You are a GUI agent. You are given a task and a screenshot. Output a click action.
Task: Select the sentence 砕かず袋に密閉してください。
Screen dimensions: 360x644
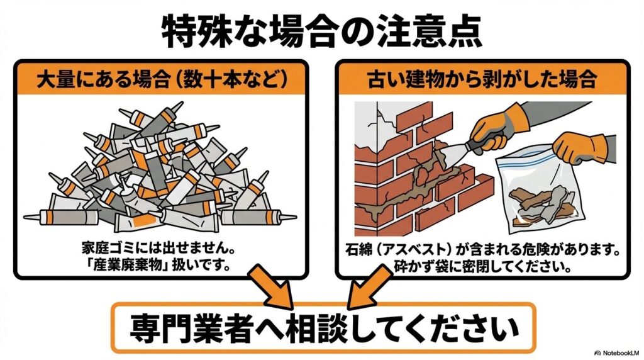[x=482, y=263]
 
